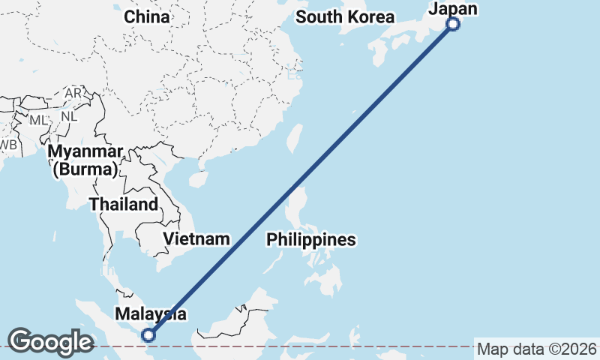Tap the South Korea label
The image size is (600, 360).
[x=344, y=16]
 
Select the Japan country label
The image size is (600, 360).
[x=452, y=9]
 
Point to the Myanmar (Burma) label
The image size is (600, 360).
[x=84, y=160]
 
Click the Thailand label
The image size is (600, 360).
[x=124, y=204]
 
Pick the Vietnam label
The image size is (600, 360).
[x=196, y=239]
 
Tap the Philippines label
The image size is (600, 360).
[x=311, y=240]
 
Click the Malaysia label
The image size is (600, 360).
[x=150, y=314]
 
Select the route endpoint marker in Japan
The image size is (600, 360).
[x=453, y=24]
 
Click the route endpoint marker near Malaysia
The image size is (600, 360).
[x=148, y=335]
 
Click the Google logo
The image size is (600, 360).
[x=50, y=342]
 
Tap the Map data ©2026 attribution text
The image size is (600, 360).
[x=537, y=349]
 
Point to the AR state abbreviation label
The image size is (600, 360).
[x=73, y=93]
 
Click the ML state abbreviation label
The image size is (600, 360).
[x=38, y=120]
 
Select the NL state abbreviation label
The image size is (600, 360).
[x=69, y=116]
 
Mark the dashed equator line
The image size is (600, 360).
[x=300, y=346]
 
